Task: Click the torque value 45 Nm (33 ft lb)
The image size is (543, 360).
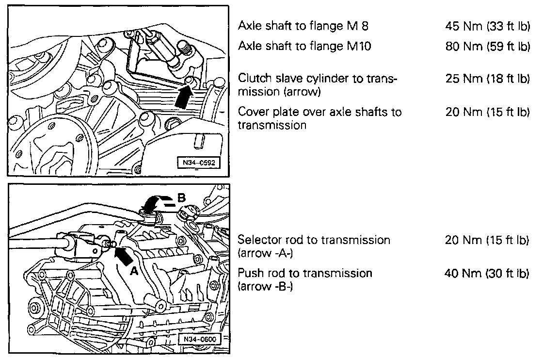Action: pyautogui.click(x=488, y=26)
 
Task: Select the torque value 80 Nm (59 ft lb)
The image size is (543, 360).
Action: pyautogui.click(x=488, y=46)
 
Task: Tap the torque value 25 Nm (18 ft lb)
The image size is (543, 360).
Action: pyautogui.click(x=488, y=79)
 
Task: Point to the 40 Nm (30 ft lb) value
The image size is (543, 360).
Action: pyautogui.click(x=487, y=273)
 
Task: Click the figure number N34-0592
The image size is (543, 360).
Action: pyautogui.click(x=199, y=163)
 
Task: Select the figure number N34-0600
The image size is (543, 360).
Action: pyautogui.click(x=199, y=339)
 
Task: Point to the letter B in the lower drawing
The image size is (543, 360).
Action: pyautogui.click(x=181, y=198)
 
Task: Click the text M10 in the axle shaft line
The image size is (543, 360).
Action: pyautogui.click(x=359, y=46)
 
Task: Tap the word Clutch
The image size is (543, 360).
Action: pyautogui.click(x=255, y=78)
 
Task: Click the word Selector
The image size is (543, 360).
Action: pyautogui.click(x=259, y=240)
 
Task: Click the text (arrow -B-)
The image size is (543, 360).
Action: pyautogui.click(x=265, y=287)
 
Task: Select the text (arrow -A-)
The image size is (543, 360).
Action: pyautogui.click(x=265, y=253)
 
